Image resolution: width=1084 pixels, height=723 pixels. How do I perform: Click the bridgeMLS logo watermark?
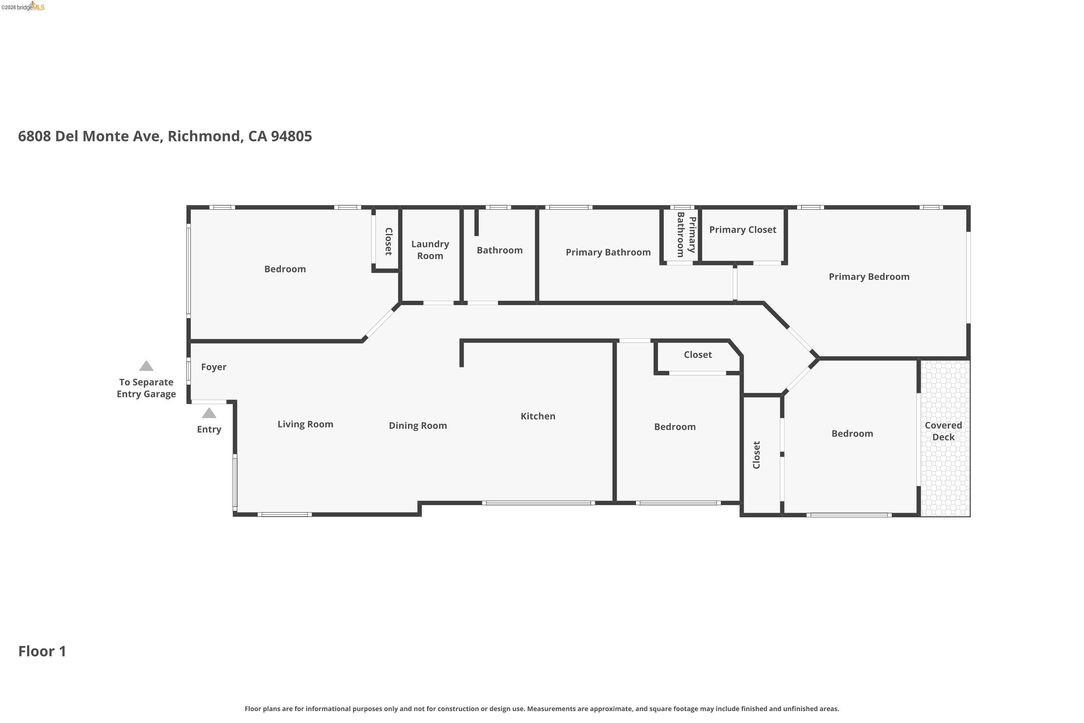click(23, 7)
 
